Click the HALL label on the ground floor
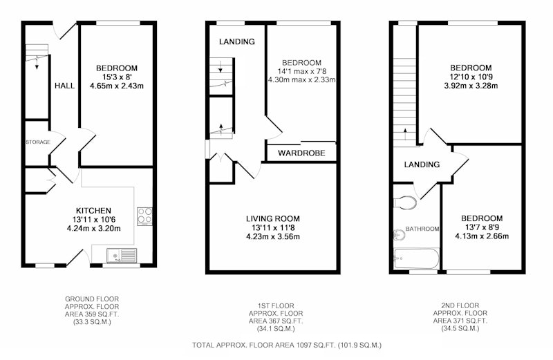click(64, 86)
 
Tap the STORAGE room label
click(38, 142)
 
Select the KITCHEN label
click(94, 211)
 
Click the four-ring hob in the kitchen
click(145, 216)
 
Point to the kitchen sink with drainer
click(122, 255)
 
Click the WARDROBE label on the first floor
click(301, 153)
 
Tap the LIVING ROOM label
click(273, 218)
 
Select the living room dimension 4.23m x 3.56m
click(273, 236)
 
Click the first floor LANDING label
click(237, 41)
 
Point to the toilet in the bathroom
click(405, 202)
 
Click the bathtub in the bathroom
click(417, 258)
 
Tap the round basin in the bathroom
click(399, 235)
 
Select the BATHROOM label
click(422, 229)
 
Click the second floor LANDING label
click(422, 164)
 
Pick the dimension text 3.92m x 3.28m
click(471, 86)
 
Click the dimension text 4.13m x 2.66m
click(482, 236)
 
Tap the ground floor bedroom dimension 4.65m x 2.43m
click(117, 86)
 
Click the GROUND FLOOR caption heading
click(92, 299)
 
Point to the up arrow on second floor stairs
click(405, 134)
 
